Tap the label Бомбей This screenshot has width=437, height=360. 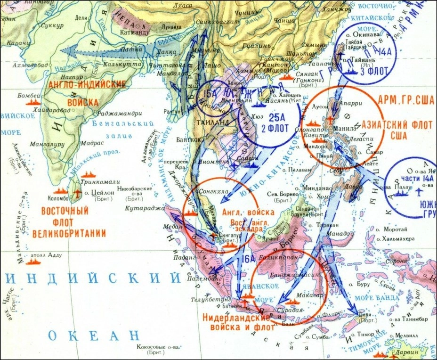[x=27, y=95]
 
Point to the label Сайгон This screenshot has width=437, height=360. [x=238, y=159]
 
